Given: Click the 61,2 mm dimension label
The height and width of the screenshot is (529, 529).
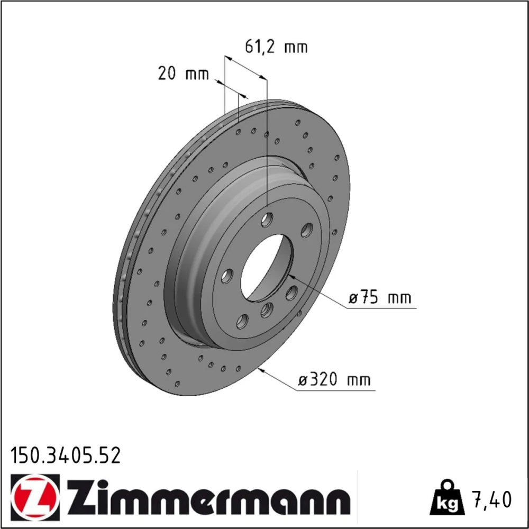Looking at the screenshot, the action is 276,47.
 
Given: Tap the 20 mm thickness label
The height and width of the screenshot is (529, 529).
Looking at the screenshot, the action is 184,73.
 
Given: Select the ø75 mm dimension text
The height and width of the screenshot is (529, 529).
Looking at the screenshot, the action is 380,298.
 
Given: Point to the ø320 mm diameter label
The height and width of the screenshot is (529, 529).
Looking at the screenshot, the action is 334,380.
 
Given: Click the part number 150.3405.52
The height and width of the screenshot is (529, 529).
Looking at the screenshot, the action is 66,455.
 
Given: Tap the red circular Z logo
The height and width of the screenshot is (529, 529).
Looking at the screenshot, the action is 35,498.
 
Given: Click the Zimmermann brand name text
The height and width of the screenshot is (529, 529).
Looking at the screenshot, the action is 208,498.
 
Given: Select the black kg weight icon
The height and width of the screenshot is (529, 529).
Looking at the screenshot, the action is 446,499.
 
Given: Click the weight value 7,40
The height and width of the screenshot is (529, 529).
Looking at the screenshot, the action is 492,499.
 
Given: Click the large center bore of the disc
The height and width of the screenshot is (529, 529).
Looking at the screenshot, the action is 267,268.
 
